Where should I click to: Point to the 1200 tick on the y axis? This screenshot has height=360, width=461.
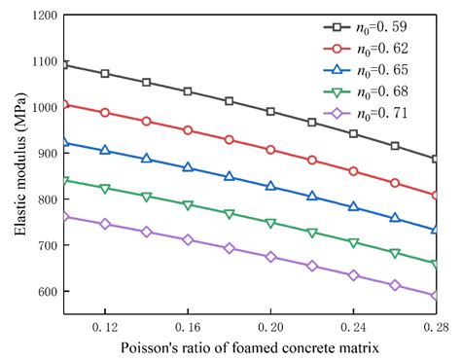41,16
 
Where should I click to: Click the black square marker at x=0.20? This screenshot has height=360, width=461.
270,112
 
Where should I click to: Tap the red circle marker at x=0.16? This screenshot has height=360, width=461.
188,130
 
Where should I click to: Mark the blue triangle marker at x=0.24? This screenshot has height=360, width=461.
353,207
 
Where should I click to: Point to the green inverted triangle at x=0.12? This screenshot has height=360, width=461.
105,189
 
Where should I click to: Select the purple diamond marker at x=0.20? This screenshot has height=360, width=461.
270,258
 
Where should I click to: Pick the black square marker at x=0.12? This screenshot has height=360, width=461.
105,74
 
